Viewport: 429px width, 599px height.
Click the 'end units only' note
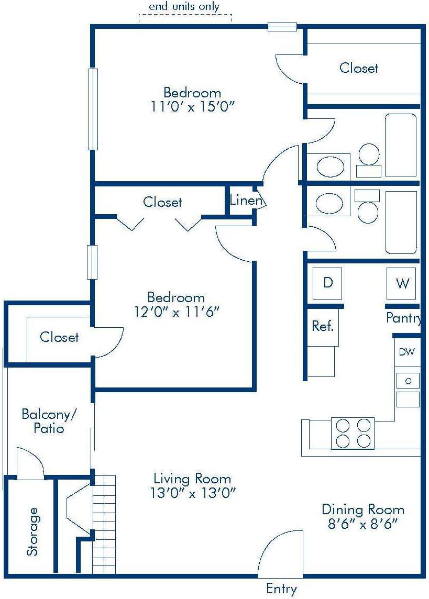(x=184, y=7)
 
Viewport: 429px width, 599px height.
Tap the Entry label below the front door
(x=281, y=588)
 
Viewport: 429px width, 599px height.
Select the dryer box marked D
(x=327, y=283)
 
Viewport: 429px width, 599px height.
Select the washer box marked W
(x=402, y=283)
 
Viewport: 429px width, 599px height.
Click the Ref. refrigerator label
(x=323, y=326)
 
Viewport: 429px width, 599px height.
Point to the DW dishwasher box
(x=406, y=352)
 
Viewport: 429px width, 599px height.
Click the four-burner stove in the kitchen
(x=353, y=433)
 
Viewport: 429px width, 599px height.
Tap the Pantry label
(x=403, y=318)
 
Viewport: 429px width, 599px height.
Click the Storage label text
(x=32, y=531)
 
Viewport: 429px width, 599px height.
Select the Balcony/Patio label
(x=49, y=421)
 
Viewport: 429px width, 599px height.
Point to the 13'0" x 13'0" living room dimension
(x=192, y=493)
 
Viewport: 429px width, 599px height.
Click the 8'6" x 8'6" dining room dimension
(x=362, y=523)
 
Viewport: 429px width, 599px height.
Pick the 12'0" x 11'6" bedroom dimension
(x=175, y=312)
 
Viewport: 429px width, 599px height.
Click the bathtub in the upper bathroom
(x=401, y=145)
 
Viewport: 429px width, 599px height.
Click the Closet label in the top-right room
(x=359, y=68)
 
